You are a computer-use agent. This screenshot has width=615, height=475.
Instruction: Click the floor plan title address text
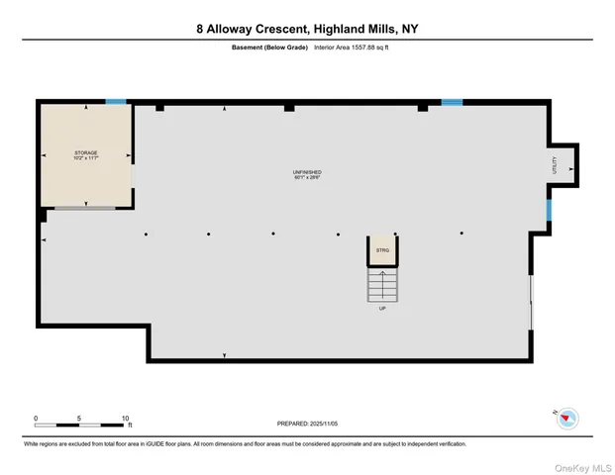click(x=307, y=30)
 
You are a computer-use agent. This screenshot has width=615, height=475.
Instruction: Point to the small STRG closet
click(x=381, y=251)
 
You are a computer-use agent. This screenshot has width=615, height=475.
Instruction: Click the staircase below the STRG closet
click(x=381, y=285)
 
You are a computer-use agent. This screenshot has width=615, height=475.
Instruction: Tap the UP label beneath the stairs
click(x=381, y=309)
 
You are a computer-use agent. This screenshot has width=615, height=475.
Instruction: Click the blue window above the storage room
click(x=116, y=101)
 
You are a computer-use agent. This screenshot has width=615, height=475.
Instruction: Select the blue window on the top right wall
click(x=452, y=101)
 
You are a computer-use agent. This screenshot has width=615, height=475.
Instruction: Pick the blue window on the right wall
click(x=548, y=209)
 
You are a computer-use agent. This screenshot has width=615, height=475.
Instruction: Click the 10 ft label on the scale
click(x=126, y=418)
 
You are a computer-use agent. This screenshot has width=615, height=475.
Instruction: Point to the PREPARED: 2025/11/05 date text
click(x=307, y=424)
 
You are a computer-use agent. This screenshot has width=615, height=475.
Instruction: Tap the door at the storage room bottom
click(x=84, y=208)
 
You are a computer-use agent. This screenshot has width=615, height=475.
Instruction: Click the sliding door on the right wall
click(x=532, y=302)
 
